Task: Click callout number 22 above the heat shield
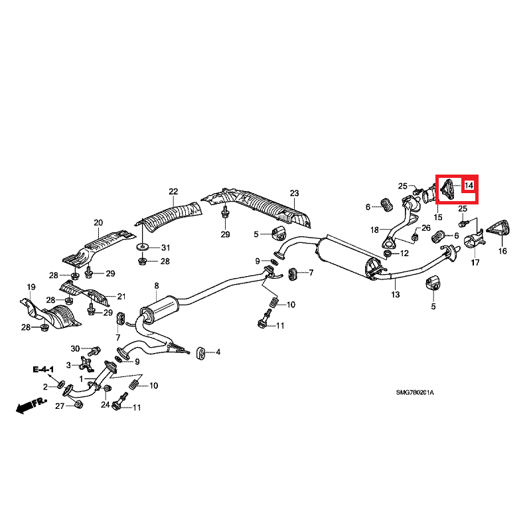pyautogui.click(x=173, y=192)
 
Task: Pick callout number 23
pyautogui.click(x=294, y=193)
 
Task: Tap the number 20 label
pyautogui.click(x=98, y=222)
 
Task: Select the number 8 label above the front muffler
pyautogui.click(x=157, y=286)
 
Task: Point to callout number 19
pyautogui.click(x=31, y=287)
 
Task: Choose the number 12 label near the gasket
pyautogui.click(x=405, y=254)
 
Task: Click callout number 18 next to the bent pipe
pyautogui.click(x=374, y=230)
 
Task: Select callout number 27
pyautogui.click(x=60, y=406)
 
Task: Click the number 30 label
pyautogui.click(x=75, y=348)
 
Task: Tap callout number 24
pyautogui.click(x=105, y=405)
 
